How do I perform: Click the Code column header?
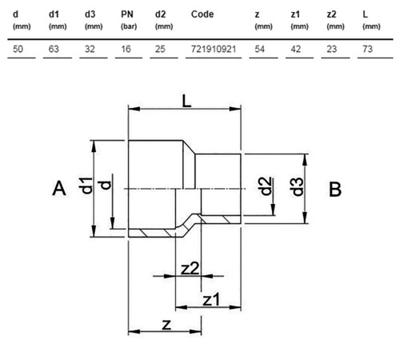click(x=202, y=14)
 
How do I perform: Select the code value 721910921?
click(x=214, y=49)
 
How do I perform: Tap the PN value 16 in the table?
click(x=126, y=49)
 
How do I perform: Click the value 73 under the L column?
click(x=367, y=49)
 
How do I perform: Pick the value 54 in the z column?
click(x=260, y=49)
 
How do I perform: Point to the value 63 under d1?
click(x=54, y=49)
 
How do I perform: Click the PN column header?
click(x=127, y=14)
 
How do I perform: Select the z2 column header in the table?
click(x=331, y=14)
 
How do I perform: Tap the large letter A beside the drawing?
click(x=59, y=188)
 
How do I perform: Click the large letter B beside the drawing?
click(x=335, y=189)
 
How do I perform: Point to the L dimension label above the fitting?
click(x=186, y=101)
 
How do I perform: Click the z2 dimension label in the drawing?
click(x=190, y=269)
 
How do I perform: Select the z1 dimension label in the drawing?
click(x=211, y=299)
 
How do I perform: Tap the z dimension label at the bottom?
click(x=166, y=325)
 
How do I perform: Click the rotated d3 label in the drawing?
click(x=298, y=186)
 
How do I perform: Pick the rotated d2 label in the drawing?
click(x=266, y=186)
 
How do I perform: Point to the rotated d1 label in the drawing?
click(x=86, y=186)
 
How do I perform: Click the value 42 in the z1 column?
click(x=296, y=49)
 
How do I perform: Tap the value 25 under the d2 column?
click(x=160, y=49)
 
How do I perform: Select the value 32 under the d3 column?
click(x=90, y=49)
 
